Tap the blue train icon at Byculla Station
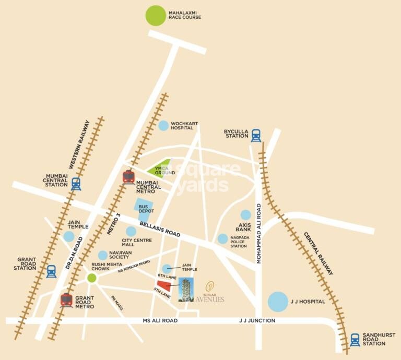(x=256, y=136)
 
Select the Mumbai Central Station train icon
(x=76, y=184)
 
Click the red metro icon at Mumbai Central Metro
(x=128, y=177)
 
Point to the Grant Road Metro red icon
(x=66, y=299)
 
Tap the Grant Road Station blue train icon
(x=51, y=271)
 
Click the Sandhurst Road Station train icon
(x=355, y=340)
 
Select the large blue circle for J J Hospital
(x=278, y=302)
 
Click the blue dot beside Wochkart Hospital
(x=164, y=125)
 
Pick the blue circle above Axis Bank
(x=245, y=215)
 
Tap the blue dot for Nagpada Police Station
(x=223, y=239)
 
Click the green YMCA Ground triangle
(x=161, y=167)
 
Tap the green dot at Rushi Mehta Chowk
(x=92, y=278)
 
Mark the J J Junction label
(x=257, y=321)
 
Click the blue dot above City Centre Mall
(x=131, y=231)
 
